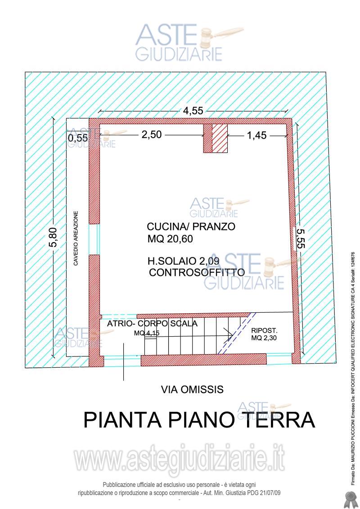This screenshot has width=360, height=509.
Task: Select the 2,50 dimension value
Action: point(152,135)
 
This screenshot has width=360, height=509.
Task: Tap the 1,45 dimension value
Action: point(257,135)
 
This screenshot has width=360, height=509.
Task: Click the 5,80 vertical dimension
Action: point(54,237)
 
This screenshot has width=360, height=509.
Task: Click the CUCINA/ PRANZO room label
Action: point(191,227)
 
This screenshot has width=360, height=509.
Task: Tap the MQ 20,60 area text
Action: point(170,239)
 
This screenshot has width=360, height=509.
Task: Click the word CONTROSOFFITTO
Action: point(197,273)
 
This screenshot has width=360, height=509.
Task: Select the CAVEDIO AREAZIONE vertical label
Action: point(76,238)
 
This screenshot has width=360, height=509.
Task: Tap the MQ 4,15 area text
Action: point(146,333)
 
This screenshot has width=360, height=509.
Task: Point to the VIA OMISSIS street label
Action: point(192,390)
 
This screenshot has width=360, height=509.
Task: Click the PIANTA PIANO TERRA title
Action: point(199,420)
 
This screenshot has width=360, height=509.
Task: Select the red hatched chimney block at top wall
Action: point(220,138)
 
